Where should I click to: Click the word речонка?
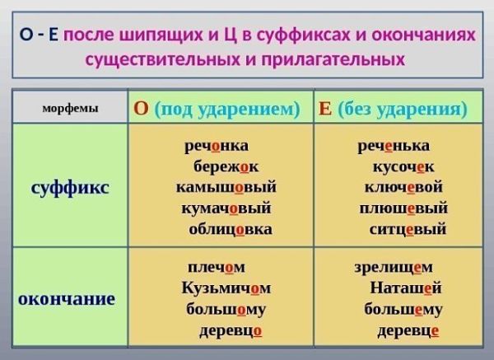coord(217,146)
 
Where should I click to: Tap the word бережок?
coord(226,166)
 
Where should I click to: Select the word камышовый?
coord(226,187)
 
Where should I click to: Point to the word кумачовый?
coord(226,208)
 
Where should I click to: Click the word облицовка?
coord(231,229)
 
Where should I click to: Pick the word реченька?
coord(394,146)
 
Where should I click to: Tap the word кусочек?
coord(403,167)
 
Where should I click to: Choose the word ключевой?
coord(403,187)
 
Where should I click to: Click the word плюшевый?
coord(403,208)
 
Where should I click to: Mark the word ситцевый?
coord(408,229)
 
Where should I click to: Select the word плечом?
coord(217,268)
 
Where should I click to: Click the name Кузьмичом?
coord(226,288)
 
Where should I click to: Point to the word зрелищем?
coord(394,268)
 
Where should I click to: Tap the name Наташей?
coord(406,288)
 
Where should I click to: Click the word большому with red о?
coord(226,309)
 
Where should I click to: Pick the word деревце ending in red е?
coord(408,330)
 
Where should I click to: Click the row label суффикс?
coord(70,188)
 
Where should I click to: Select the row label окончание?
coord(67,299)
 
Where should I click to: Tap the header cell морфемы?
coord(70,108)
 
